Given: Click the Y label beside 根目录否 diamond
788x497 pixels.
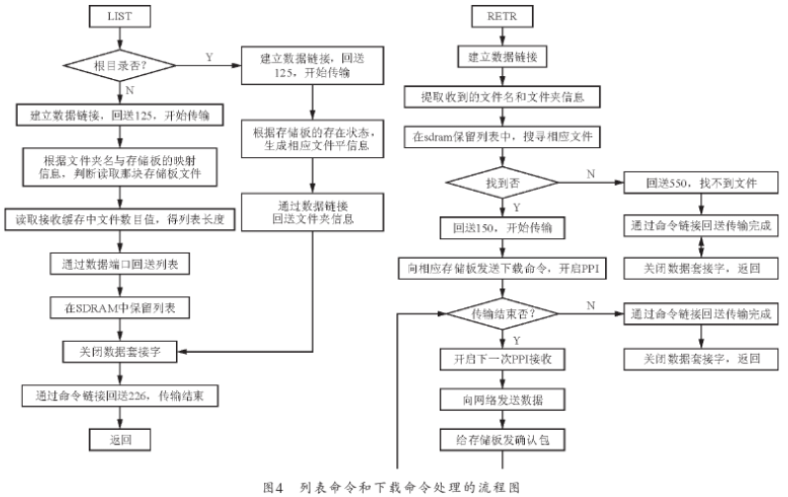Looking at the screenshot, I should [x=209, y=56].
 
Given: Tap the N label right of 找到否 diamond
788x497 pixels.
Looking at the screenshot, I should [x=590, y=173].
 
